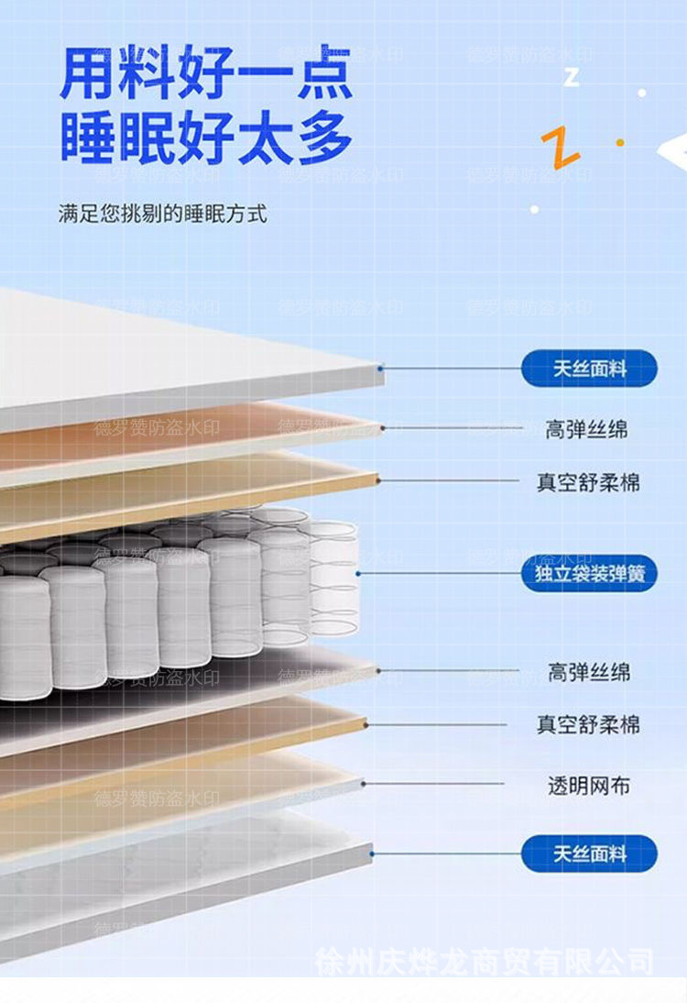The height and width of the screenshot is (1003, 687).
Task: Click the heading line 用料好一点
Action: coord(206,73)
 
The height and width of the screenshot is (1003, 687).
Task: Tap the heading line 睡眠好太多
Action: coord(206,138)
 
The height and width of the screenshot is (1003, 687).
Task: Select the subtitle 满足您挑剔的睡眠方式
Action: coord(162,215)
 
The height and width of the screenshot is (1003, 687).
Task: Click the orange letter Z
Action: coord(560,147)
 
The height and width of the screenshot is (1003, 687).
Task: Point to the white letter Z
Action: coord(572,76)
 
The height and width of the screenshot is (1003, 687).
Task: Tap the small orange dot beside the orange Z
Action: coord(620,143)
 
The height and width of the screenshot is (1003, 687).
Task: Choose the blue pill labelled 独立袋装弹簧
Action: coord(589,574)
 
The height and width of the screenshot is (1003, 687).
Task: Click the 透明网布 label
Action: coord(588,786)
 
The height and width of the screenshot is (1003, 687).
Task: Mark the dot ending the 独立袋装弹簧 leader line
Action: coord(359,574)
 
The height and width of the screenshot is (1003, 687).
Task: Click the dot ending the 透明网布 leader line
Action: coord(364,784)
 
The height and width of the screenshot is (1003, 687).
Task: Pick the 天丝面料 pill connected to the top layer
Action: coord(589,369)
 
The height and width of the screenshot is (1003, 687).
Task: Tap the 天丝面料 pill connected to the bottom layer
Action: coord(589,854)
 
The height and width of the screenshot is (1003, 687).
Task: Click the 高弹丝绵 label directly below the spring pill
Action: coord(588,673)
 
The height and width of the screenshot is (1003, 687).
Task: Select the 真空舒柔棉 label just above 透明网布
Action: coord(588,725)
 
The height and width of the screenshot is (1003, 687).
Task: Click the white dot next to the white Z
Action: coord(642,93)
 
